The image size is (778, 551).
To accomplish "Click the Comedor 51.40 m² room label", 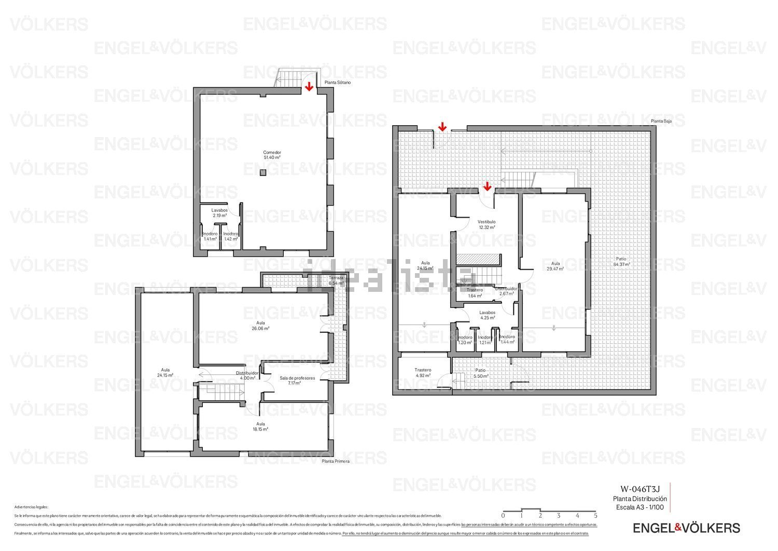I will [272, 155].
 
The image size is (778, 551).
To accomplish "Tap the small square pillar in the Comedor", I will [263, 172].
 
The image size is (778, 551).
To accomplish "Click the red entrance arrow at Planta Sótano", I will [309, 86].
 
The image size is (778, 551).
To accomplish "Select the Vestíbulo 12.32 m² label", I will [487, 224].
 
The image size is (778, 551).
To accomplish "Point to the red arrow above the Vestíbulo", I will [487, 186].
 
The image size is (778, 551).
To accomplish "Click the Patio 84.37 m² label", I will [621, 261].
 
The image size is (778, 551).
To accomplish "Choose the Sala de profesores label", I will [297, 381].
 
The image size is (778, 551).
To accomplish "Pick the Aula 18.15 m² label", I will [260, 426].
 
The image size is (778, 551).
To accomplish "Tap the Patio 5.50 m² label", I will [480, 373].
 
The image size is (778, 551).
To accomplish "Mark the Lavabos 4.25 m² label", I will [487, 315].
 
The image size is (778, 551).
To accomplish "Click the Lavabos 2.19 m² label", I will [219, 213].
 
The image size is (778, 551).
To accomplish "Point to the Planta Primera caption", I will [336, 461].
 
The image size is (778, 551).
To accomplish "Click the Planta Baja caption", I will [661, 121].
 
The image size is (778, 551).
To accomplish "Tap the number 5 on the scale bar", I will [595, 516].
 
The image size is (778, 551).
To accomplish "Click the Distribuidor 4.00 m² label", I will [247, 375].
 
